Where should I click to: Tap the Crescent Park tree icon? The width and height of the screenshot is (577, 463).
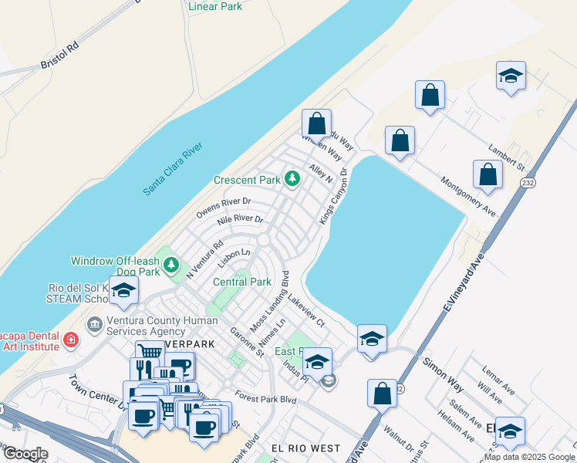point(292,179)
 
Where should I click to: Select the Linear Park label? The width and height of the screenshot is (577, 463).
point(215,6)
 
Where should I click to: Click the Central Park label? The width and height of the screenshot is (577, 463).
point(242,282)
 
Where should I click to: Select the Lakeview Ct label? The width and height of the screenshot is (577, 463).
point(306,309)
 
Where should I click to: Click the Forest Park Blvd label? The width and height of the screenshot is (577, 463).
point(266,399)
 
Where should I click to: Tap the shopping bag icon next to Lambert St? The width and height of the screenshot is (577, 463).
point(488,174)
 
